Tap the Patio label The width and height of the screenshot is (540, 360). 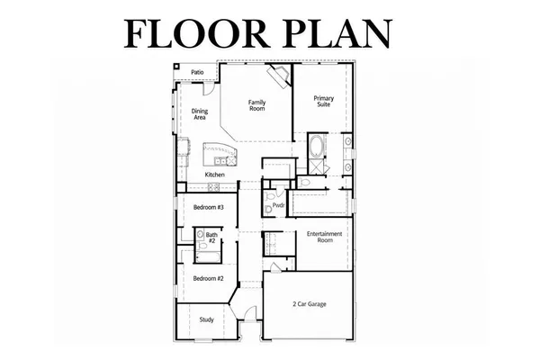coord(197,72)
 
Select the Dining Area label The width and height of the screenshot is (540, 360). coord(200,114)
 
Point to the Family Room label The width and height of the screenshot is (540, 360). coord(257,105)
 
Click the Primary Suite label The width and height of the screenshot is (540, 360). coord(323,101)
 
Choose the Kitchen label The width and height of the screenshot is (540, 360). coord(214,174)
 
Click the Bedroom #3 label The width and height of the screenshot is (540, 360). coord(209,207)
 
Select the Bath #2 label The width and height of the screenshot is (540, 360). coord(211,238)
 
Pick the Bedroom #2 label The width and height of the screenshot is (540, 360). coord(209,278)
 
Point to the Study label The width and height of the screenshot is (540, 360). coord(207,319)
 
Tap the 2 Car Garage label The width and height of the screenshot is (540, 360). coord(309,305)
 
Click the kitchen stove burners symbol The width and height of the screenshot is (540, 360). coord(213,187)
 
